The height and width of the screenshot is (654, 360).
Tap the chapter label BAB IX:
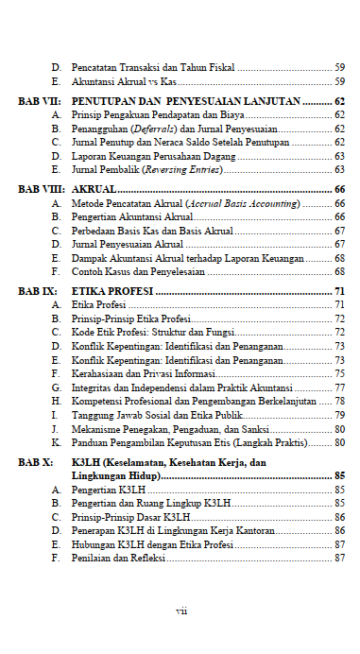(x=37, y=290)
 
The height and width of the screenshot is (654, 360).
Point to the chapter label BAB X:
(x=36, y=463)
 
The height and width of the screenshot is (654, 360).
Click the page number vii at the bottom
(x=181, y=610)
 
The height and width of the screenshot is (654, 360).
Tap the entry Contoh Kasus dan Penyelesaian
(x=138, y=271)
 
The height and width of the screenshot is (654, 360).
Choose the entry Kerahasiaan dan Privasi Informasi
(x=144, y=373)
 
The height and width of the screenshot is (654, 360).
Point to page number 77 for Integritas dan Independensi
(x=338, y=387)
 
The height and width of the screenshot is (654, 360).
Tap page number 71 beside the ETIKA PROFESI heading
(x=338, y=290)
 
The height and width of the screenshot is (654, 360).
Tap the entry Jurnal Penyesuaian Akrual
(x=128, y=244)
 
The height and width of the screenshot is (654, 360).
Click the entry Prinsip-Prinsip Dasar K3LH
(x=131, y=517)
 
